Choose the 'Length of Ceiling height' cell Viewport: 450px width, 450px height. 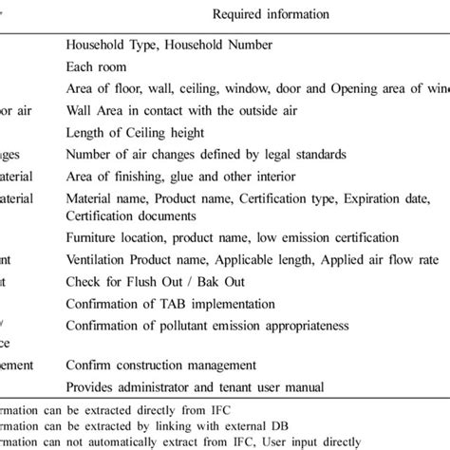click(134, 132)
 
